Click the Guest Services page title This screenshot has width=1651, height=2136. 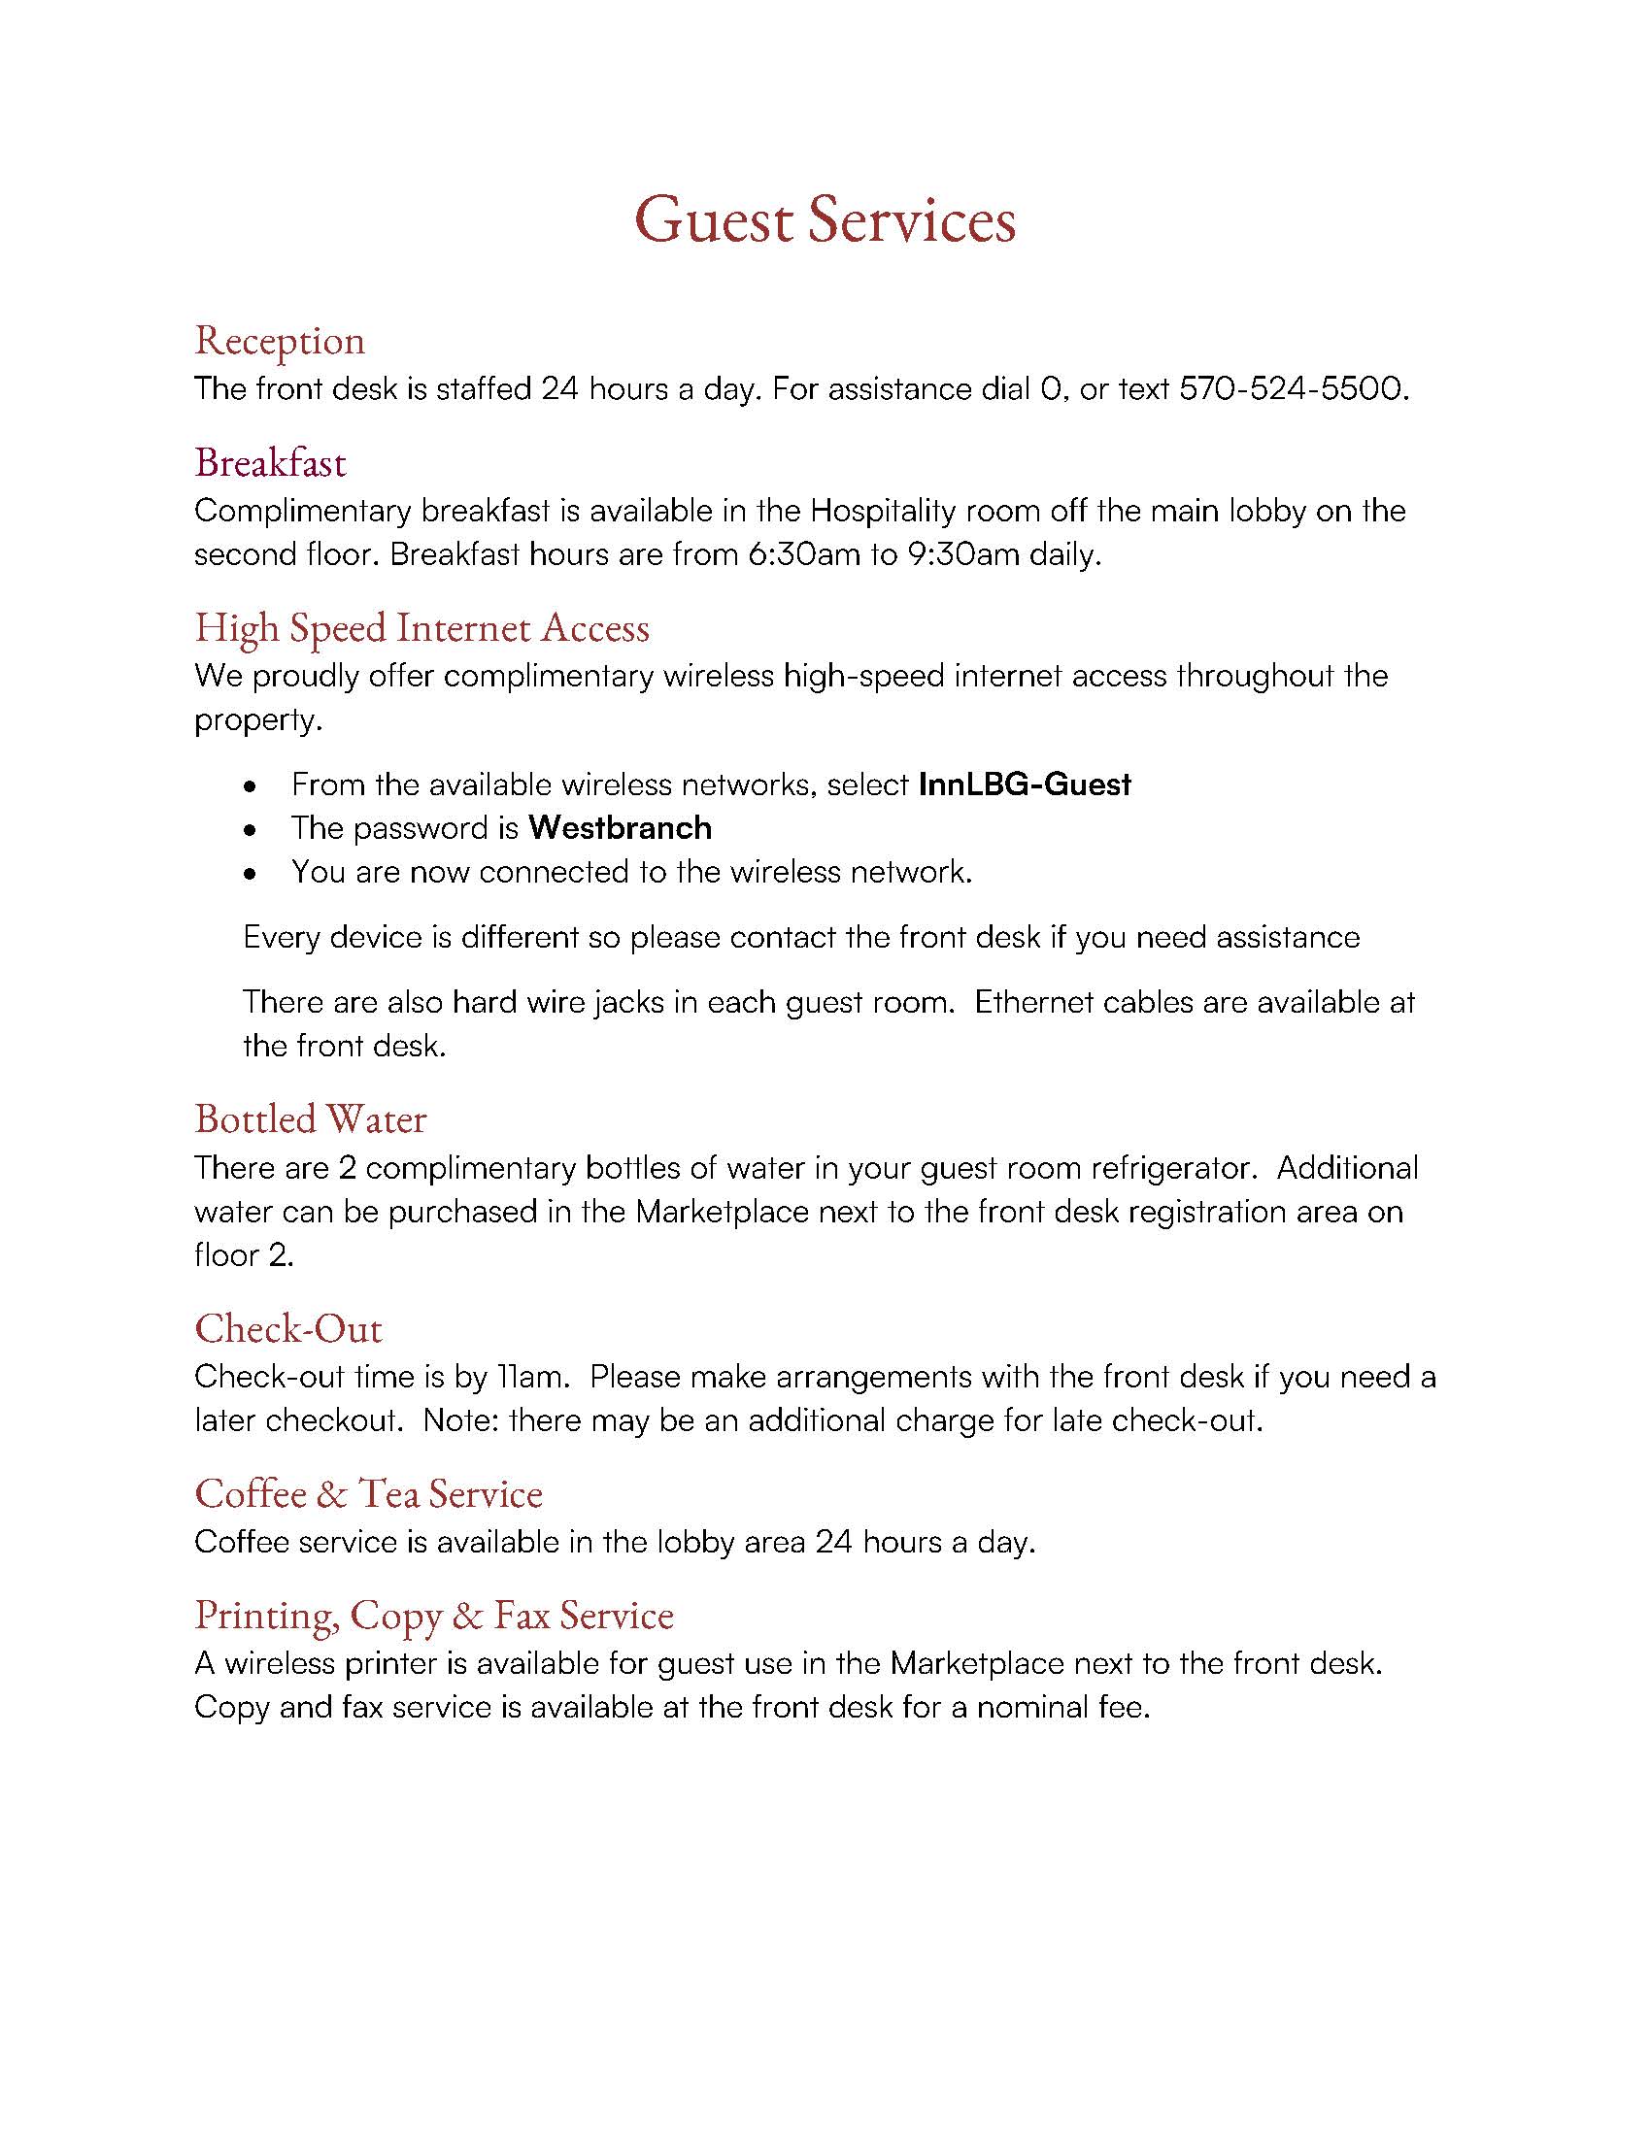(x=825, y=219)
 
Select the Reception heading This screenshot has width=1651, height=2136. (x=280, y=341)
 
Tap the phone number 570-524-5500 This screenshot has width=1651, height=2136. (x=1293, y=389)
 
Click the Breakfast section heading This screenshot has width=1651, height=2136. (x=270, y=461)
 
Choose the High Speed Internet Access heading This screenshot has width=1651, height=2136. (x=421, y=627)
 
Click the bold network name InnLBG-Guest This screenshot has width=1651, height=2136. (x=1025, y=784)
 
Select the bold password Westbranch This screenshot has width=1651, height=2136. (x=621, y=828)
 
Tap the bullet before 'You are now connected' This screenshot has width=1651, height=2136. (x=253, y=874)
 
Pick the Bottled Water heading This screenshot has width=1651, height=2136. (x=311, y=1118)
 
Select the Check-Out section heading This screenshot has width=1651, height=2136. (x=288, y=1328)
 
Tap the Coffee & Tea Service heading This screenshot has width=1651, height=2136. (x=369, y=1493)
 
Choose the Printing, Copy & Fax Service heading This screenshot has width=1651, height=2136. (x=434, y=1615)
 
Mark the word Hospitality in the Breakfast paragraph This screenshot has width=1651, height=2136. (x=882, y=511)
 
